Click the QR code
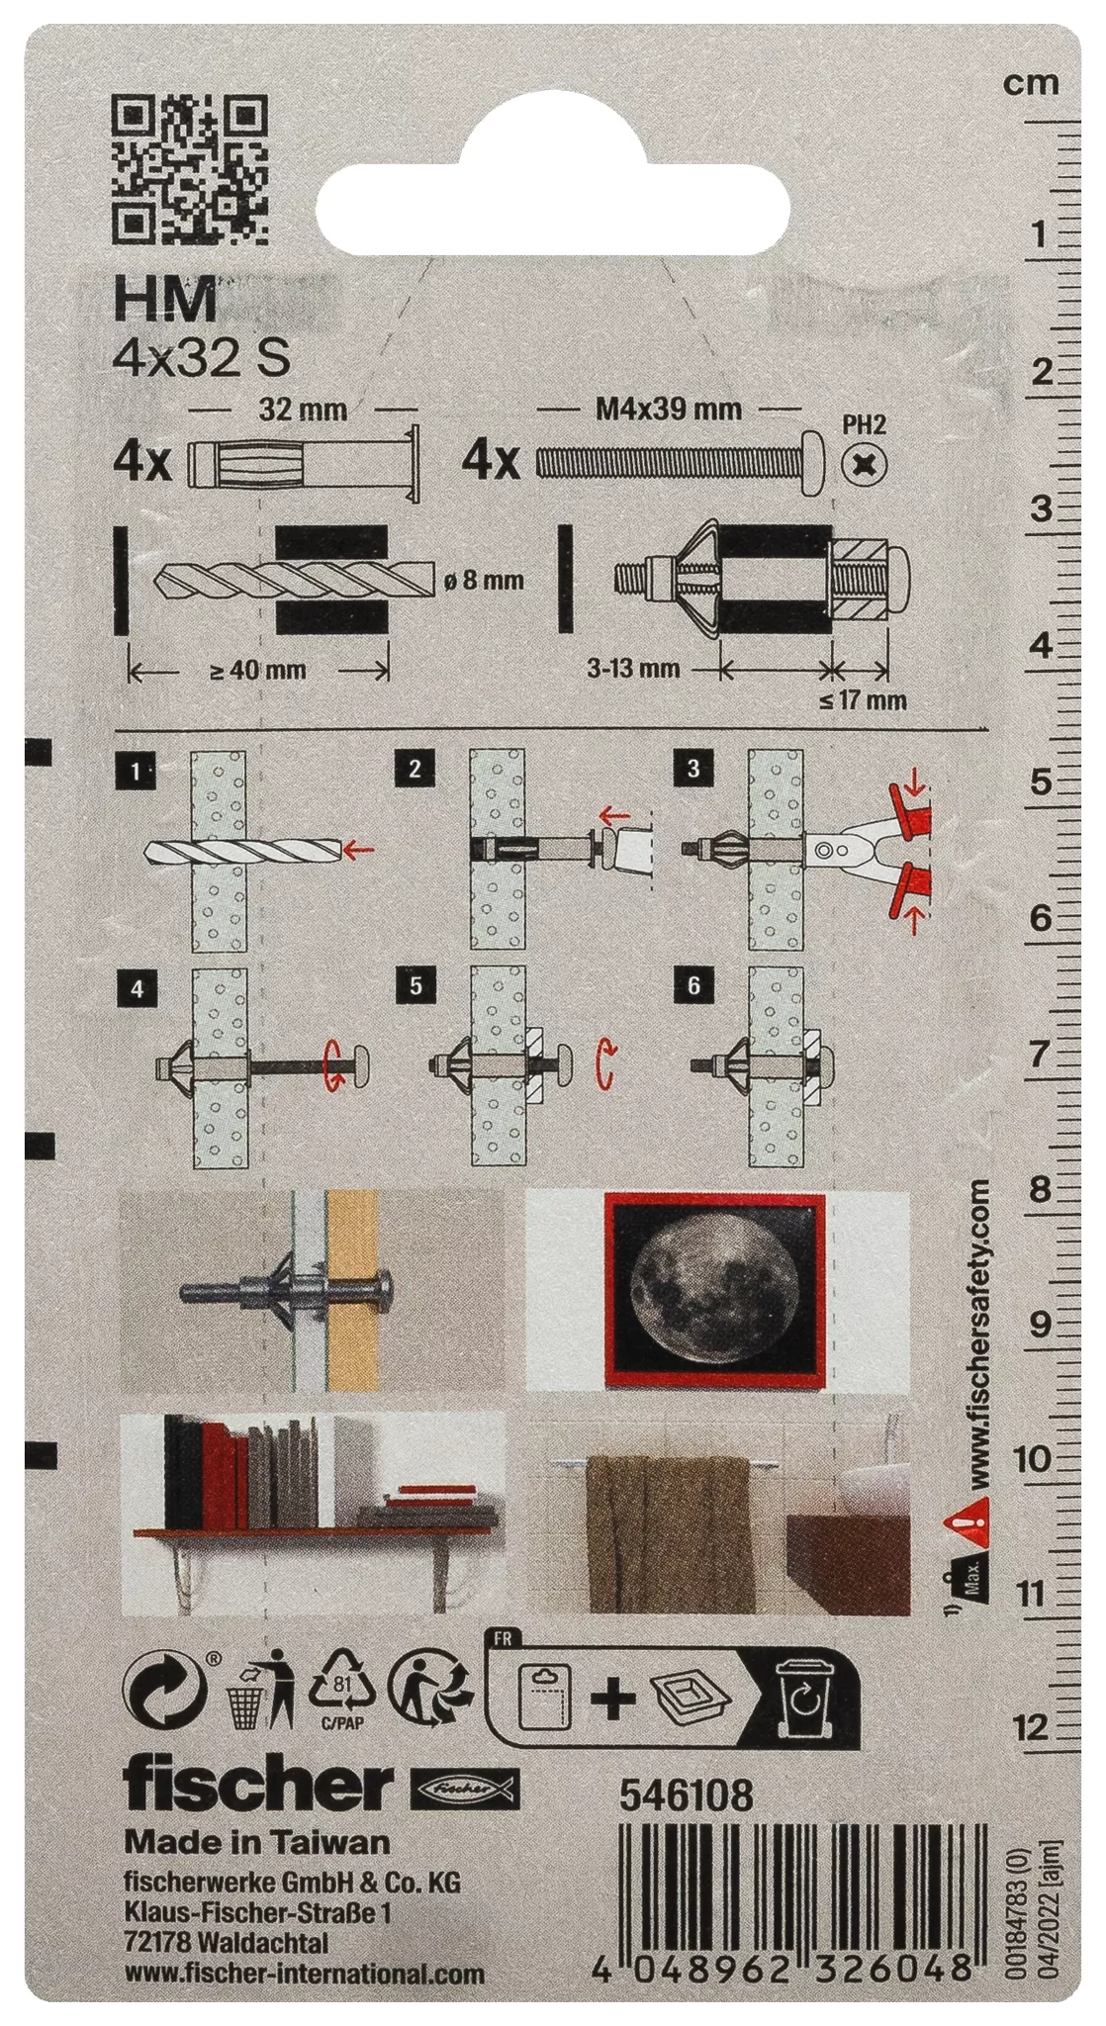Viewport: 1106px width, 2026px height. pyautogui.click(x=190, y=169)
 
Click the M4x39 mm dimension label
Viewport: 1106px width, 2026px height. pyautogui.click(x=669, y=408)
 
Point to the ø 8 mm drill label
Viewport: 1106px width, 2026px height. pyautogui.click(x=484, y=581)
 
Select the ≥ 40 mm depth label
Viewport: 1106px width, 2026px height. pyautogui.click(x=258, y=670)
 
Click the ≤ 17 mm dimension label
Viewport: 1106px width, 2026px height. pyautogui.click(x=863, y=700)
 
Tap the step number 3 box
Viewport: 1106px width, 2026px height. pyautogui.click(x=692, y=768)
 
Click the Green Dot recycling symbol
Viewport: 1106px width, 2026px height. pyautogui.click(x=164, y=1693)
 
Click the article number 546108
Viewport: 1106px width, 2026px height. pyautogui.click(x=687, y=1796)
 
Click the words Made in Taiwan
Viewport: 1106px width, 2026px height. pyautogui.click(x=257, y=1841)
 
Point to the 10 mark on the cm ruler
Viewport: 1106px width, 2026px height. pyautogui.click(x=1032, y=1458)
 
